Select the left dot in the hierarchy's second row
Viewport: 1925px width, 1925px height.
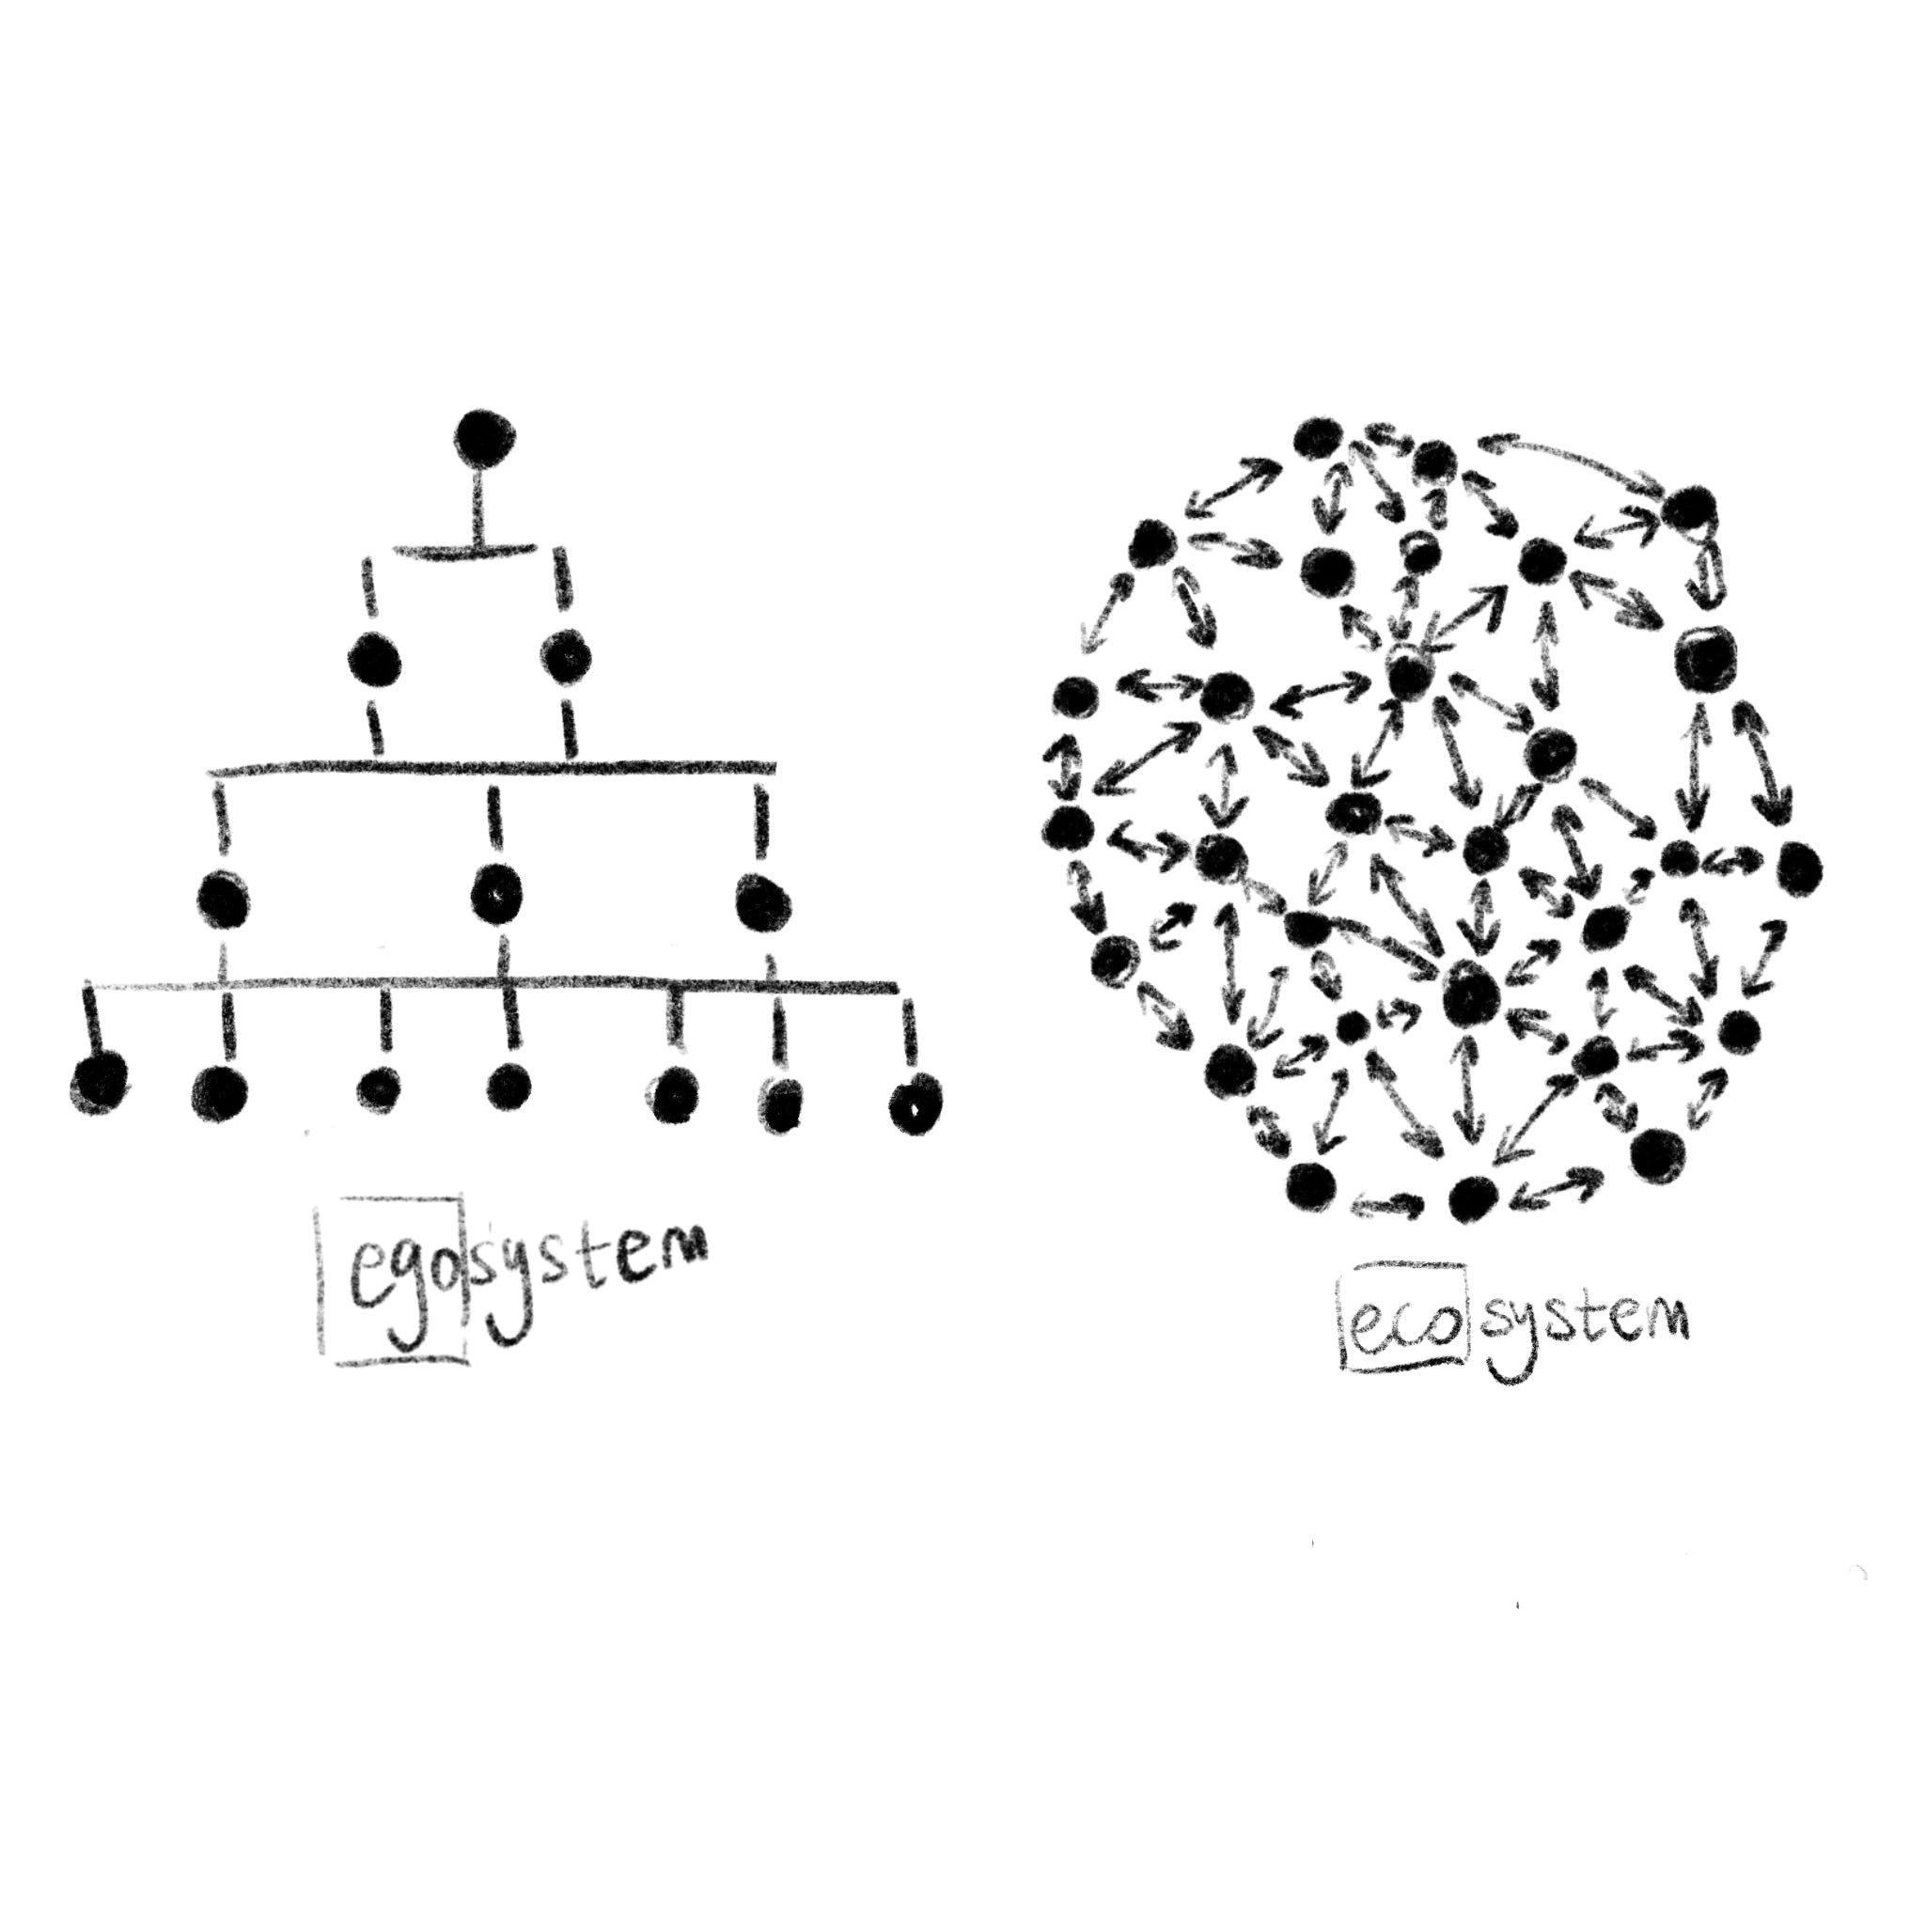click(x=376, y=660)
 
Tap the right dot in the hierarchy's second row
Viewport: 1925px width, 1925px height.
click(x=566, y=658)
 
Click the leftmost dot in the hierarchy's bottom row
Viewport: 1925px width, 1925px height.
click(x=99, y=1082)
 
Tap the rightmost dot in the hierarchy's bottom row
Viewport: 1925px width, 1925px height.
click(x=916, y=1102)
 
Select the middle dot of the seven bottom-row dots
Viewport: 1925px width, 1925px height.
click(x=509, y=1085)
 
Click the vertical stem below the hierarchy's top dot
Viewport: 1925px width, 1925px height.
click(x=481, y=509)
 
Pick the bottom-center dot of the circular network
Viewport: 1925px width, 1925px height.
click(x=1474, y=1198)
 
